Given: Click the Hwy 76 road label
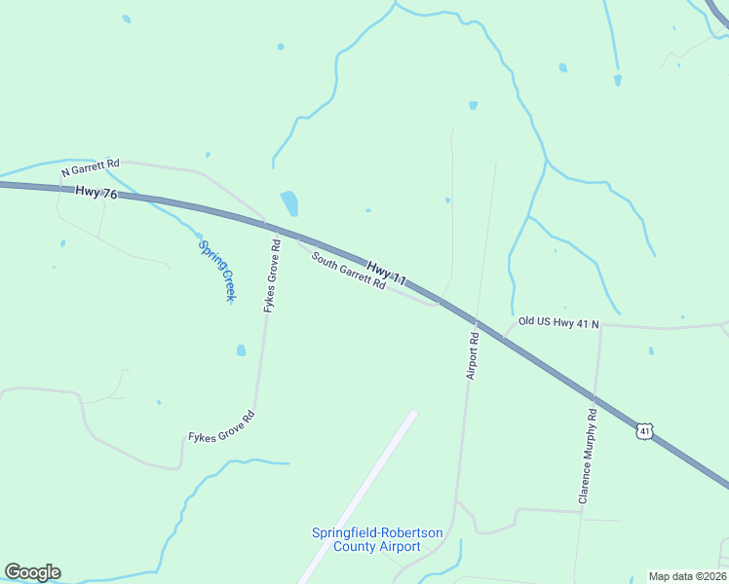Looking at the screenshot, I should point(96,194).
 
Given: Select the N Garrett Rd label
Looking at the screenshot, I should point(90,167).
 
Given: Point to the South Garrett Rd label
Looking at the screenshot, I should point(348,272).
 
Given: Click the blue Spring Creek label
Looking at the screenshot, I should point(217,271).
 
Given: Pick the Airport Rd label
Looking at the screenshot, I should point(473,356).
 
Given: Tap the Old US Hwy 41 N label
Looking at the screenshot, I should point(557,321).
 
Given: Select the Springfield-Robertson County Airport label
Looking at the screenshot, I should point(376,539).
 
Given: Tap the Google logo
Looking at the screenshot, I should point(32,572).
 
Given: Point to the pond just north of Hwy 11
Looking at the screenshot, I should point(289,203).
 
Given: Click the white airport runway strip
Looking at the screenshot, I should point(358,495).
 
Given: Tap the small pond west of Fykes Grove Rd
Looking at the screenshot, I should point(241,350).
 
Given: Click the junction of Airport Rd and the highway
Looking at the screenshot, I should point(477,322).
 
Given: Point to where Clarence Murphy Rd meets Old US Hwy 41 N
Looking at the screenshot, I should point(599,324).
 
